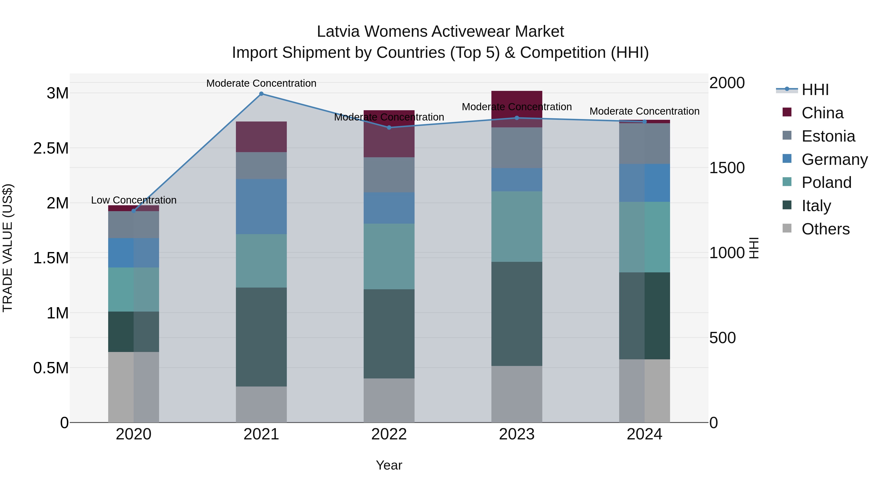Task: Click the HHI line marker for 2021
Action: pos(261,94)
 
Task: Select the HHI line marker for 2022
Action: pos(389,128)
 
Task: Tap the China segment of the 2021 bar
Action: pos(261,137)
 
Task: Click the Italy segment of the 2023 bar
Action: pos(517,314)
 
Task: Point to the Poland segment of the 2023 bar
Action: pos(517,226)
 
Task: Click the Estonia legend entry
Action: pos(828,136)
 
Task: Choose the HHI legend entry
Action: pos(815,90)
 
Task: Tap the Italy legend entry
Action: pos(816,206)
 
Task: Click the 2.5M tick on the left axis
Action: pos(51,148)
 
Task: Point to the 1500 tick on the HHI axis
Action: pos(727,168)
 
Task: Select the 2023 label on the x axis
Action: pos(517,434)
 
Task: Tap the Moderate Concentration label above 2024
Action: pos(644,111)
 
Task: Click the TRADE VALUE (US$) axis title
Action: pos(8,248)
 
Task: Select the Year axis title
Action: pos(389,465)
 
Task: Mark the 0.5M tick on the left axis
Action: pos(51,368)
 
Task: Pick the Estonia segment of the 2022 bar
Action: pos(389,175)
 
